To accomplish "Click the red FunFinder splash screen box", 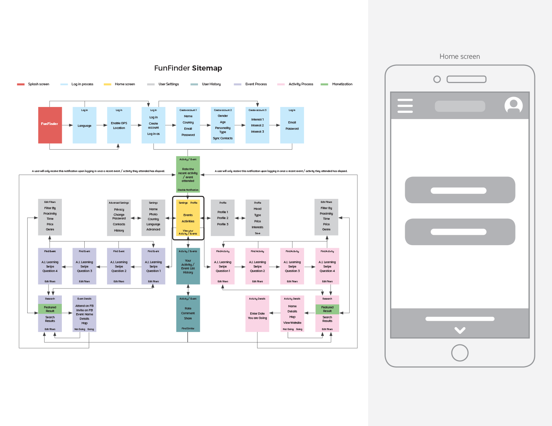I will point(50,125).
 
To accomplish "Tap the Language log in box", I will point(85,125).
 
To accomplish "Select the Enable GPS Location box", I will point(119,125).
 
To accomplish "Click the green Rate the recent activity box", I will point(188,175).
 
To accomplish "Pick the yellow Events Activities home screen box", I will point(188,218).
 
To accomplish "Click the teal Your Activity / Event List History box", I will point(188,266).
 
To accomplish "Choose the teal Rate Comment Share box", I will point(188,314).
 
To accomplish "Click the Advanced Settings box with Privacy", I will point(119,218).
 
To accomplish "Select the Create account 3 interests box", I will point(258,125).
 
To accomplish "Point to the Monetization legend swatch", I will point(324,84).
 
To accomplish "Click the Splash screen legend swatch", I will point(21,84).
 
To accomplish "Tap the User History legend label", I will point(211,84).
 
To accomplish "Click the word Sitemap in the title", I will point(207,68).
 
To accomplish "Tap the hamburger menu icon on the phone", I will point(405,106).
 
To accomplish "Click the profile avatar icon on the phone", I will point(513,105).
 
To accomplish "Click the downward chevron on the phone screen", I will point(460,330).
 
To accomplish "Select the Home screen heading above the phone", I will point(460,57).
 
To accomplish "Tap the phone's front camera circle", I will point(437,79).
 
